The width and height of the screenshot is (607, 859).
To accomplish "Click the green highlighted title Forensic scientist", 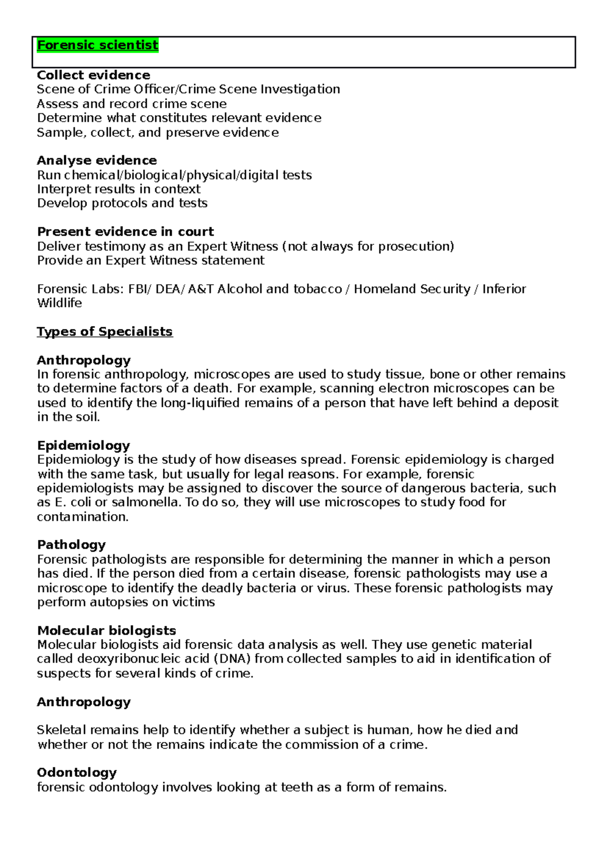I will coord(98,45).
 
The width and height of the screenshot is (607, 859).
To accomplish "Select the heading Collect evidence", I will coord(94,75).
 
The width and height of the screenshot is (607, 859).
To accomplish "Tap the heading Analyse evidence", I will coord(97,160).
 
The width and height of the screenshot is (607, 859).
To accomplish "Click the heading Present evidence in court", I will coord(125,232).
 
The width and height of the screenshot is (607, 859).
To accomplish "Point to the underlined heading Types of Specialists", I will coord(105,331).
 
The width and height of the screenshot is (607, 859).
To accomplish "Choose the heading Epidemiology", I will coord(83,445).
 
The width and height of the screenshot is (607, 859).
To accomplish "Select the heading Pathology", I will coord(71,545).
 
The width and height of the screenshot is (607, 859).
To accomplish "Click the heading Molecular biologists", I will coord(106,630).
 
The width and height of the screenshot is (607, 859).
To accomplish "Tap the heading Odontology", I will coord(77,772).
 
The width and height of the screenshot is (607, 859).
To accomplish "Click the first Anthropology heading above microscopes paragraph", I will coord(83,360).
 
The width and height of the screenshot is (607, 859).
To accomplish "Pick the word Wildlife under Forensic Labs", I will coord(59,303).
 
